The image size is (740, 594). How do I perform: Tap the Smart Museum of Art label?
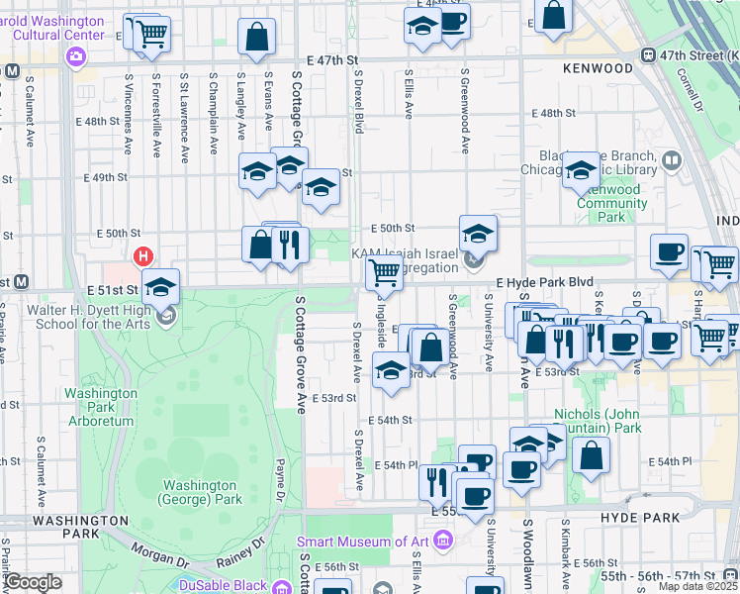click(365, 542)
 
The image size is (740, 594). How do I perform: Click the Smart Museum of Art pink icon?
click(442, 541)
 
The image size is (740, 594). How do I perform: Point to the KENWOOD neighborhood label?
click(597, 68)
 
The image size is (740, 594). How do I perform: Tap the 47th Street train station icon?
click(649, 55)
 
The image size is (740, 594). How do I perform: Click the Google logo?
click(33, 582)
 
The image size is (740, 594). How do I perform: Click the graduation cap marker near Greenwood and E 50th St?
click(478, 234)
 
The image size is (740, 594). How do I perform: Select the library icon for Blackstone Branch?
click(672, 159)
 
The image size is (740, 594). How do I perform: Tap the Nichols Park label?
click(592, 422)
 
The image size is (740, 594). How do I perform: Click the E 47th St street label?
click(332, 60)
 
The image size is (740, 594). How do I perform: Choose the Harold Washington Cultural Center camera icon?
click(76, 56)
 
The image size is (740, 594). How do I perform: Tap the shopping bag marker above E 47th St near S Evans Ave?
click(256, 37)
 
